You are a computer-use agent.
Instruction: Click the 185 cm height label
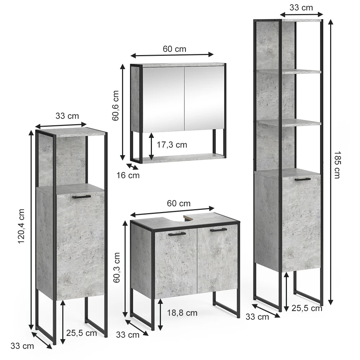[x=337, y=165]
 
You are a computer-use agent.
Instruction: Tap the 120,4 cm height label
[x=21, y=226]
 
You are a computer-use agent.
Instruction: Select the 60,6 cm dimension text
[x=116, y=105]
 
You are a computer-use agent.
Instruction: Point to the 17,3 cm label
[x=172, y=145]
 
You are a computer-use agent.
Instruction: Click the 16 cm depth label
[x=128, y=175]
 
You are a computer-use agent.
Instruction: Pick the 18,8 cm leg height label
[x=182, y=313]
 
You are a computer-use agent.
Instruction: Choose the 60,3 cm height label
[x=117, y=267]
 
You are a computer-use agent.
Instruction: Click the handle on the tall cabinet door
[x=303, y=179]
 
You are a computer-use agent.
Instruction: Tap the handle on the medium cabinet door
[x=81, y=197]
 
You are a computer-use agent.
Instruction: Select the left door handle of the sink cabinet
[x=177, y=234]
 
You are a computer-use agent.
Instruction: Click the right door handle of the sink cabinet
[x=219, y=230]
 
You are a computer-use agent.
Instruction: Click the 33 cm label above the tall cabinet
[x=301, y=8]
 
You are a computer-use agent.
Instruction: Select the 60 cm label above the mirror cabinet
[x=175, y=49]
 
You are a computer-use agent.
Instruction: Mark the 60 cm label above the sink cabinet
[x=179, y=203]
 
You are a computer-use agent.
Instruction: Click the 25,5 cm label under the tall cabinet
[x=307, y=308]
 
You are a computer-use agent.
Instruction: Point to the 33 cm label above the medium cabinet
[x=67, y=116]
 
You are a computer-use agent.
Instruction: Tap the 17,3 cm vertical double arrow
[x=151, y=146]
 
